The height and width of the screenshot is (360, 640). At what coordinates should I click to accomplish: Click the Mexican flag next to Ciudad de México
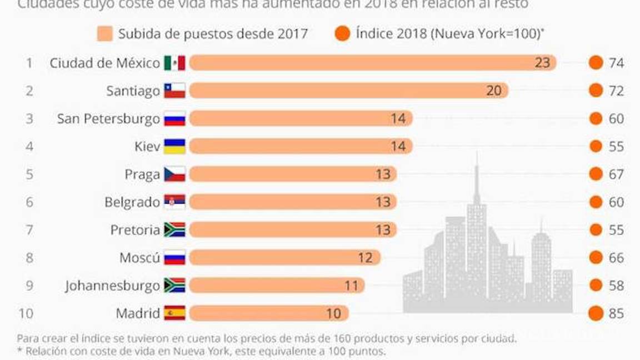click(x=174, y=63)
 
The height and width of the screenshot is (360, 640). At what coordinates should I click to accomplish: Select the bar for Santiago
click(x=348, y=91)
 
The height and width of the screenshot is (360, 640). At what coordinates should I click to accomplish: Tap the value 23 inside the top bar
click(x=542, y=63)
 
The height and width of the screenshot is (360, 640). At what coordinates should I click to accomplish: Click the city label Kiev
click(x=147, y=146)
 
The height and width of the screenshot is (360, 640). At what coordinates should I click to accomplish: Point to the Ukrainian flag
click(x=174, y=146)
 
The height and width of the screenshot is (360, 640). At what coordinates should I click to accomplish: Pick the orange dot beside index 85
click(x=596, y=313)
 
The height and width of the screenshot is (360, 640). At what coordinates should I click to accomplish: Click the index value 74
click(x=616, y=63)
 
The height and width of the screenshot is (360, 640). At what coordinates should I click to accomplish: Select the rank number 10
click(x=26, y=313)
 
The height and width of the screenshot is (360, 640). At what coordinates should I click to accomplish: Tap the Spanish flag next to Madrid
click(x=174, y=313)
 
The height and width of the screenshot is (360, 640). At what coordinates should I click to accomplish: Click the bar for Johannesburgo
click(x=277, y=286)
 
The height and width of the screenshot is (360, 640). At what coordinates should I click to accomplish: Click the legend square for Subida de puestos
click(x=105, y=34)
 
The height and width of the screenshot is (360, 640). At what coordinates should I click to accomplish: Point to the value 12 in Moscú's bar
click(x=366, y=258)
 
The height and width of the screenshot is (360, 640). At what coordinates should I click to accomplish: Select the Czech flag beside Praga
click(x=174, y=174)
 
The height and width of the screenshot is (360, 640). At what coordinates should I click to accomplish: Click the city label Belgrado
click(x=132, y=202)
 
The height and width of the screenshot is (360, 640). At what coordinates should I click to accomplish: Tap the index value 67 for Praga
click(x=616, y=174)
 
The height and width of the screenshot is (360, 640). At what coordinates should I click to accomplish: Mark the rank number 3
click(x=29, y=118)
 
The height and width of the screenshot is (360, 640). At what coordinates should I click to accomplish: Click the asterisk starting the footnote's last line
click(x=20, y=351)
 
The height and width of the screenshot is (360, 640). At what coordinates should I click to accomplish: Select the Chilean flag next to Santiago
click(x=174, y=91)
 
